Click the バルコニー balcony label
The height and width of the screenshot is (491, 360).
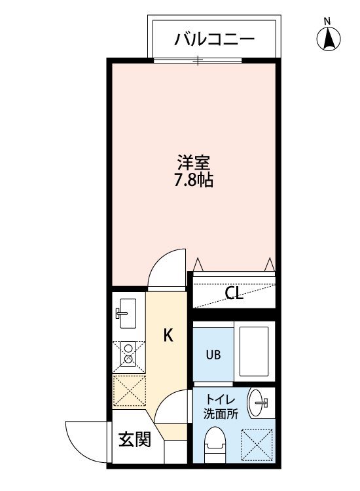(x=214, y=40)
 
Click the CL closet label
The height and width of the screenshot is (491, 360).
(x=234, y=293)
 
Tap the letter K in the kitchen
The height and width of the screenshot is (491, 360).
(x=168, y=336)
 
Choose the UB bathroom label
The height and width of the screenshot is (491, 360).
(x=213, y=355)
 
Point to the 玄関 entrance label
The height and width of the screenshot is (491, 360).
(x=134, y=439)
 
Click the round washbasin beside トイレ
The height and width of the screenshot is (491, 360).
(x=259, y=401)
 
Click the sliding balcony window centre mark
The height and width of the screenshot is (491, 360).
(x=198, y=60)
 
